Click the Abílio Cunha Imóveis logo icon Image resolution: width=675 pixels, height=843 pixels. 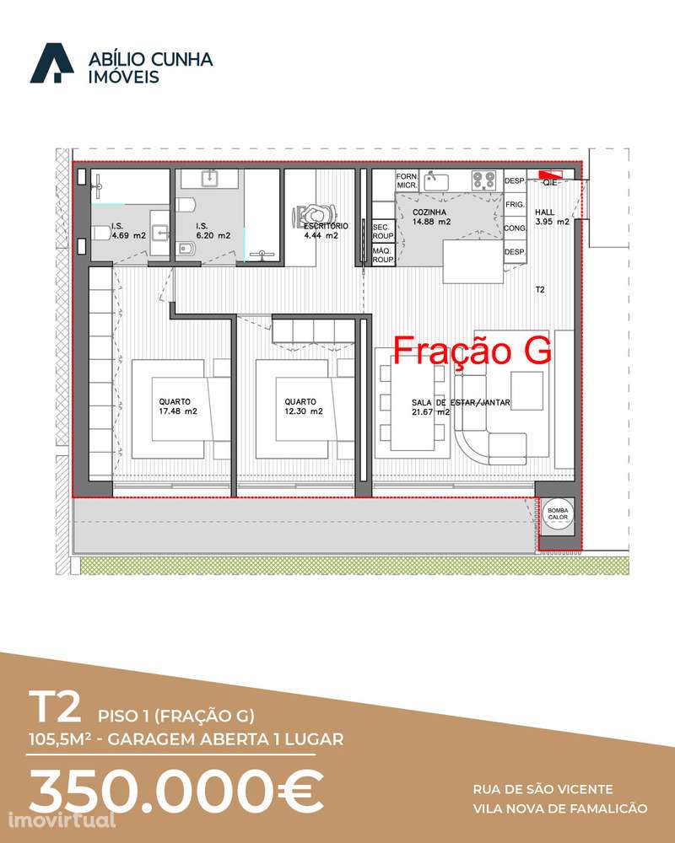[x=51, y=64]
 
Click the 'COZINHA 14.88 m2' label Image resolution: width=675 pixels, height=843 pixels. [x=431, y=217]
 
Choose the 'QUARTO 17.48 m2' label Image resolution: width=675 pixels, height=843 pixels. [x=178, y=406]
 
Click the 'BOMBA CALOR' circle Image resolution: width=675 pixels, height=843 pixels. [x=558, y=514]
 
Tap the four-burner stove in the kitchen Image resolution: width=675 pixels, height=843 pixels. [x=483, y=179]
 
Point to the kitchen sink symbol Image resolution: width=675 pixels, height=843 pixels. [x=436, y=179]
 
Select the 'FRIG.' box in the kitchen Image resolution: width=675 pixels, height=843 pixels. [x=515, y=205]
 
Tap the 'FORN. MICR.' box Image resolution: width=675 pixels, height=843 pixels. [x=408, y=180]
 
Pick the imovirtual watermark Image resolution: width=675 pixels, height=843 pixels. [x=58, y=819]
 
